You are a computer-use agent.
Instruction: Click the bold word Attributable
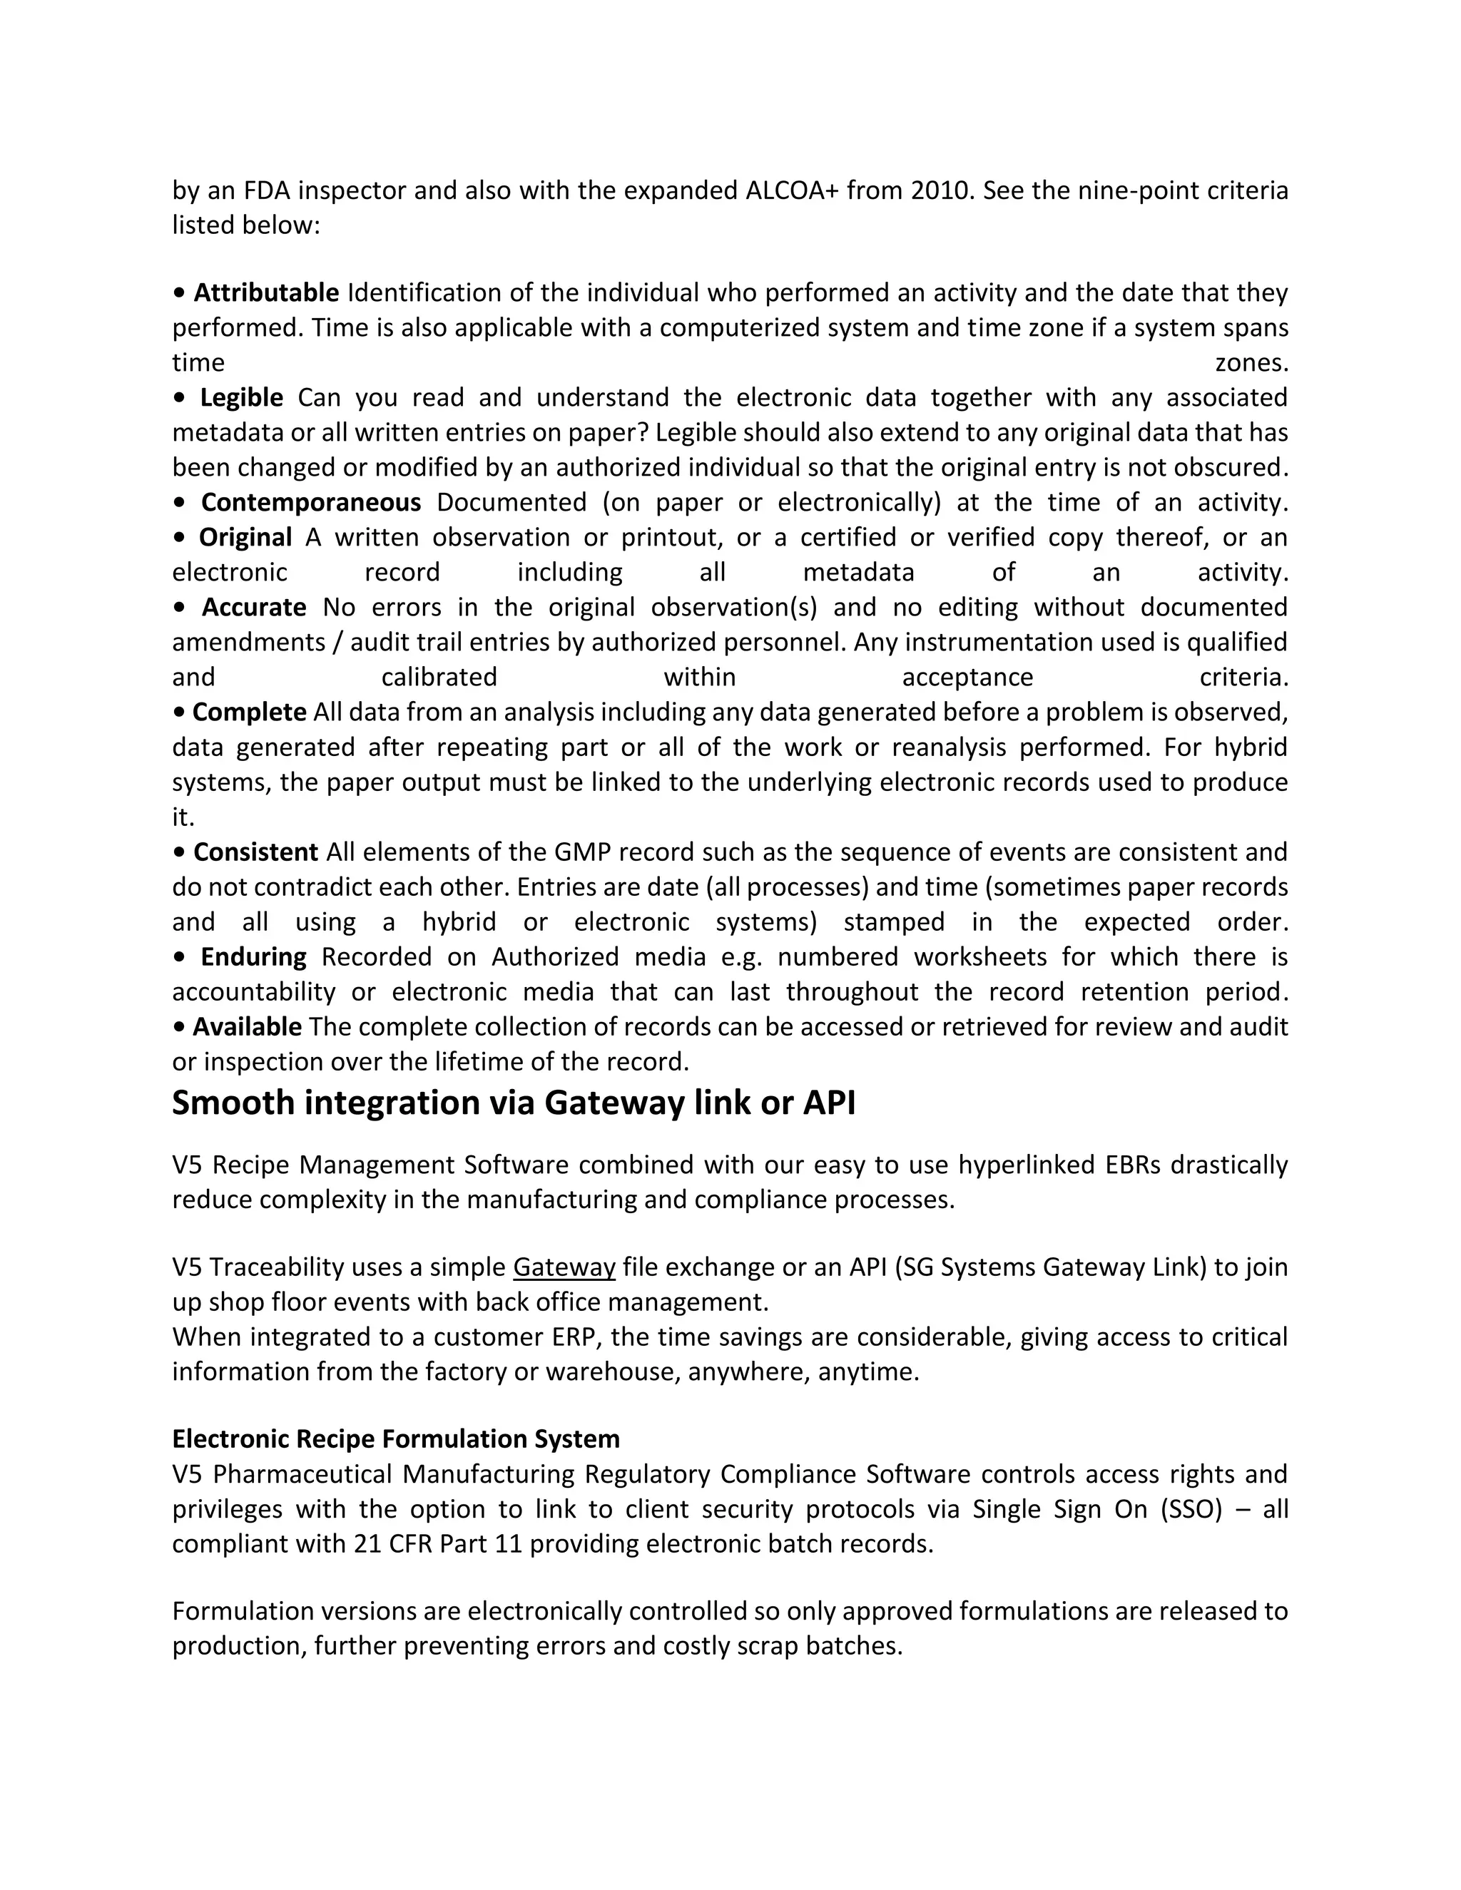coord(265,293)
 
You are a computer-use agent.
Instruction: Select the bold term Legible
coord(242,398)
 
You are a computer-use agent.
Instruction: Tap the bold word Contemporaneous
coord(311,503)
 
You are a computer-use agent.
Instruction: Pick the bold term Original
coord(246,538)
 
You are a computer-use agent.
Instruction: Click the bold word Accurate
coord(253,608)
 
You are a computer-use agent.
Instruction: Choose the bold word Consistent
coord(255,852)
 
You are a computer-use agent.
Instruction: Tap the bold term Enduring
coord(253,957)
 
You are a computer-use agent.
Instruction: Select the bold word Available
coord(247,1027)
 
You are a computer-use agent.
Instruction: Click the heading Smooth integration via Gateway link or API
coord(513,1103)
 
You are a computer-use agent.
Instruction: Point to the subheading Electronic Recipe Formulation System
coord(395,1439)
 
